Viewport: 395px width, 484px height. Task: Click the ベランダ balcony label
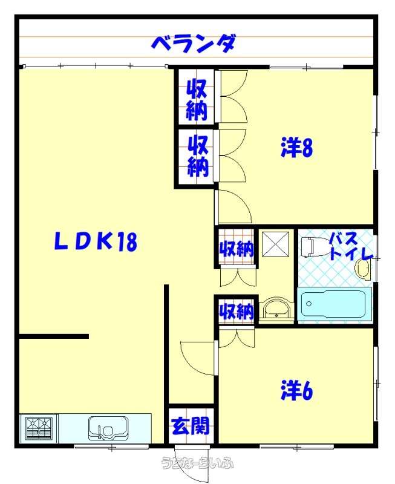point(194,44)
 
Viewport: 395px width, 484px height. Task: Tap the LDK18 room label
point(96,241)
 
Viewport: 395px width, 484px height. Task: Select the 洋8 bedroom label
point(297,148)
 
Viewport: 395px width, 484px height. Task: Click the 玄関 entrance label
point(191,426)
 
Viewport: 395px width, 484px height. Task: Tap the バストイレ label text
point(351,246)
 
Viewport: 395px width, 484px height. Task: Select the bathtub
point(333,304)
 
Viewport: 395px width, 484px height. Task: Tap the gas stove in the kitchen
point(38,428)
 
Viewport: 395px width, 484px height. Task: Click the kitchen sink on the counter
point(108,428)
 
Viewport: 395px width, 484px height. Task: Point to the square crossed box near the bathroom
point(276,244)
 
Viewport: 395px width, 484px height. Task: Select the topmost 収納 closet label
point(197,99)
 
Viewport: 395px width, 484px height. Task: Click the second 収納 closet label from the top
point(198,156)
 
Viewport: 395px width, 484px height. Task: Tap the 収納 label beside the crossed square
point(237,249)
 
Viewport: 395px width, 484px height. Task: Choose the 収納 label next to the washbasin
point(237,311)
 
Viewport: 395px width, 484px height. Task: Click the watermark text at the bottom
point(198,463)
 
